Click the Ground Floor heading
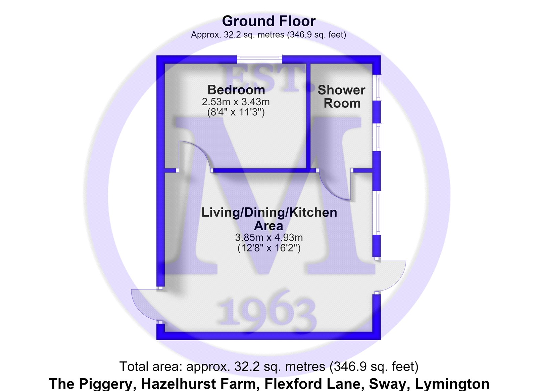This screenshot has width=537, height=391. (x=268, y=21)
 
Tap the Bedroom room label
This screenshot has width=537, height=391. (x=236, y=90)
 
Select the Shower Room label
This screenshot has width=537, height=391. (x=342, y=96)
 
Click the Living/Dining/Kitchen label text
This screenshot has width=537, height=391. (x=269, y=212)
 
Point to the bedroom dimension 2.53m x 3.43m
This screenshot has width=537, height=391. (x=236, y=102)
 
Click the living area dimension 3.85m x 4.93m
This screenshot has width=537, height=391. (x=269, y=238)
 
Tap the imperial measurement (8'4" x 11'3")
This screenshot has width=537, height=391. (x=236, y=112)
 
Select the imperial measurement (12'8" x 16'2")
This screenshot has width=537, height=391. (x=269, y=248)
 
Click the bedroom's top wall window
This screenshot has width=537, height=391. (x=259, y=58)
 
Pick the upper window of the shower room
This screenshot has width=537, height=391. (x=377, y=87)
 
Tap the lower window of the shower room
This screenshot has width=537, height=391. (x=377, y=137)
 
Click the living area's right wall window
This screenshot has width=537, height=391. (x=377, y=212)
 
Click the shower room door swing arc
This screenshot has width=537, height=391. (x=329, y=192)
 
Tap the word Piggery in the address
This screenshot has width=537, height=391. (x=105, y=384)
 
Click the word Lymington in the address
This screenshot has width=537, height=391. (x=452, y=384)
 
